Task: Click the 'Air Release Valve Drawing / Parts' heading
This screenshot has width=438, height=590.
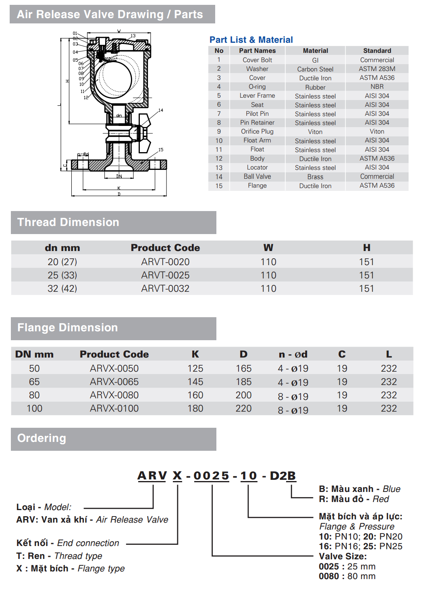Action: pos(110,15)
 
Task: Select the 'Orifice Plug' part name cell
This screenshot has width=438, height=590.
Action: pos(257,132)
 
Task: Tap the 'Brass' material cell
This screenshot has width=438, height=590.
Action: pos(315,177)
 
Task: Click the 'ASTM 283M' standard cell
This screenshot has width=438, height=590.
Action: pos(377,69)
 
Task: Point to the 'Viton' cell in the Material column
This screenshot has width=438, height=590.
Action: pos(315,132)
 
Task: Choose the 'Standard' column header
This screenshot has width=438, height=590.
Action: pos(377,51)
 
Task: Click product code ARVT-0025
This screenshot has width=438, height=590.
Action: pos(165,275)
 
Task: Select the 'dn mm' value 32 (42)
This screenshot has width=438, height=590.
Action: pos(62,289)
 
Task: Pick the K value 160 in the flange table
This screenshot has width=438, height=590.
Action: pos(195,395)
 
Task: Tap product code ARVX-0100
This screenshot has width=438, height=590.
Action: pos(114,408)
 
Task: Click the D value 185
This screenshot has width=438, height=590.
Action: pos(243,382)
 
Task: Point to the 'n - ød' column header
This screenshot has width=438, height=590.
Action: pos(293,354)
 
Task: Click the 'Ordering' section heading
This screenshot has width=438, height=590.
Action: pos(42,438)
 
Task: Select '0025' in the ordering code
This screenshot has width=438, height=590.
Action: pos(212,476)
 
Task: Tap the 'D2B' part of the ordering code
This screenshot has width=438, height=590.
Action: pos(282,476)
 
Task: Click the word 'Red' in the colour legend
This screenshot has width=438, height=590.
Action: pos(380,499)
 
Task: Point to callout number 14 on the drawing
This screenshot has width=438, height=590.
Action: pos(161,110)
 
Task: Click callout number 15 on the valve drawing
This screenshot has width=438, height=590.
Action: pos(161,150)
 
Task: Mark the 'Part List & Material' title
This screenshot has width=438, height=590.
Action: pos(251,40)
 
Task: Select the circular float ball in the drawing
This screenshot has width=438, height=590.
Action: pos(113,77)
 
